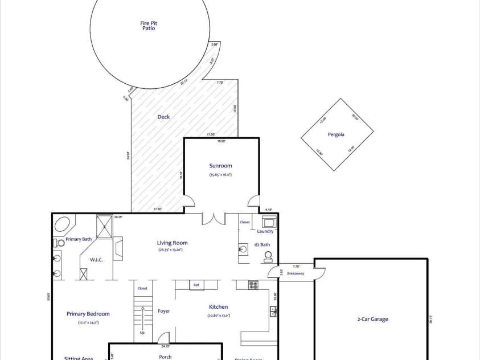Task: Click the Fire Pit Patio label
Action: pyautogui.click(x=149, y=25)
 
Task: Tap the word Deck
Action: pyautogui.click(x=163, y=117)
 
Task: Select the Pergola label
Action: pyautogui.click(x=336, y=135)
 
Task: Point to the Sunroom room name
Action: pyautogui.click(x=220, y=166)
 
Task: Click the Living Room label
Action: pyautogui.click(x=172, y=243)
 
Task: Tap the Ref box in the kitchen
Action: pyautogui.click(x=196, y=285)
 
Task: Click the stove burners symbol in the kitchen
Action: pyautogui.click(x=253, y=285)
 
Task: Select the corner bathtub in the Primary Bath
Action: pyautogui.click(x=62, y=223)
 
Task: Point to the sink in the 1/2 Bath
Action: pyautogui.click(x=244, y=249)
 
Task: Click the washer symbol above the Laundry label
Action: pyautogui.click(x=269, y=221)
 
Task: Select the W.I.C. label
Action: pyautogui.click(x=96, y=260)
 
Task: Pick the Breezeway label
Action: pyautogui.click(x=296, y=273)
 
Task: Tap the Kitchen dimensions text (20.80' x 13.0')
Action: pyautogui.click(x=219, y=315)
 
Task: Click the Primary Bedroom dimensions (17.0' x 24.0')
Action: pyautogui.click(x=88, y=322)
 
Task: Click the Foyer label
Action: pyautogui.click(x=163, y=311)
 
